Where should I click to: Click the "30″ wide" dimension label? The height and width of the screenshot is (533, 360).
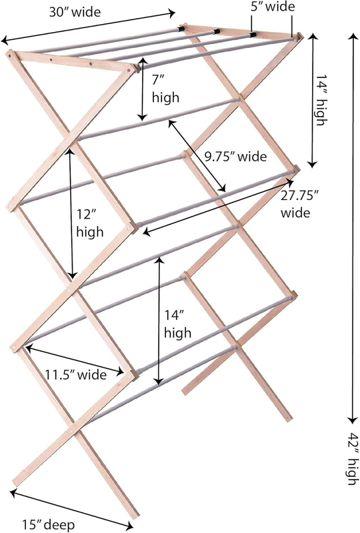pos(75,12)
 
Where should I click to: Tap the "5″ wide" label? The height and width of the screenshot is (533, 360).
pos(273,7)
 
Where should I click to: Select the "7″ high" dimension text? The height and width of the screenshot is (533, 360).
pos(165,89)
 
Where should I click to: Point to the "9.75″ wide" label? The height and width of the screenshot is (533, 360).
pos(235,157)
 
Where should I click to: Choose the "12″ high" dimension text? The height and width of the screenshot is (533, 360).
pos(89,223)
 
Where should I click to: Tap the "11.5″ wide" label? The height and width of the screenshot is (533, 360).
pos(76,374)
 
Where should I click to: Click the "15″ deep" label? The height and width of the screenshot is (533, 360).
pos(49,525)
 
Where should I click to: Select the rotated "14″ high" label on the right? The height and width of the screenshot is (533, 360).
pos(320,100)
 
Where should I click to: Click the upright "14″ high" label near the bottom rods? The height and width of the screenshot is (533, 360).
pos(177,324)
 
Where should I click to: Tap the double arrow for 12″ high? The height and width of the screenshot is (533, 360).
pos(71,213)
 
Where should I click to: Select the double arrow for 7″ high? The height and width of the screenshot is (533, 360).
pos(143,89)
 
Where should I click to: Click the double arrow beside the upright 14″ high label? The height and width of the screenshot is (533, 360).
pos(159,321)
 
